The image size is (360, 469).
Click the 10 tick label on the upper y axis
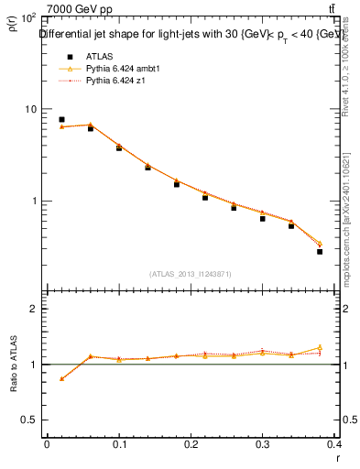tap(29, 109)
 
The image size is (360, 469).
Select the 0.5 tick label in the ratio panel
tap(29, 420)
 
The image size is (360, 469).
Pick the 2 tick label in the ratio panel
tap(35, 309)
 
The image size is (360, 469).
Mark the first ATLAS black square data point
tap(61, 119)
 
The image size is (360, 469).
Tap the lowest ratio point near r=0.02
tap(61, 378)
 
